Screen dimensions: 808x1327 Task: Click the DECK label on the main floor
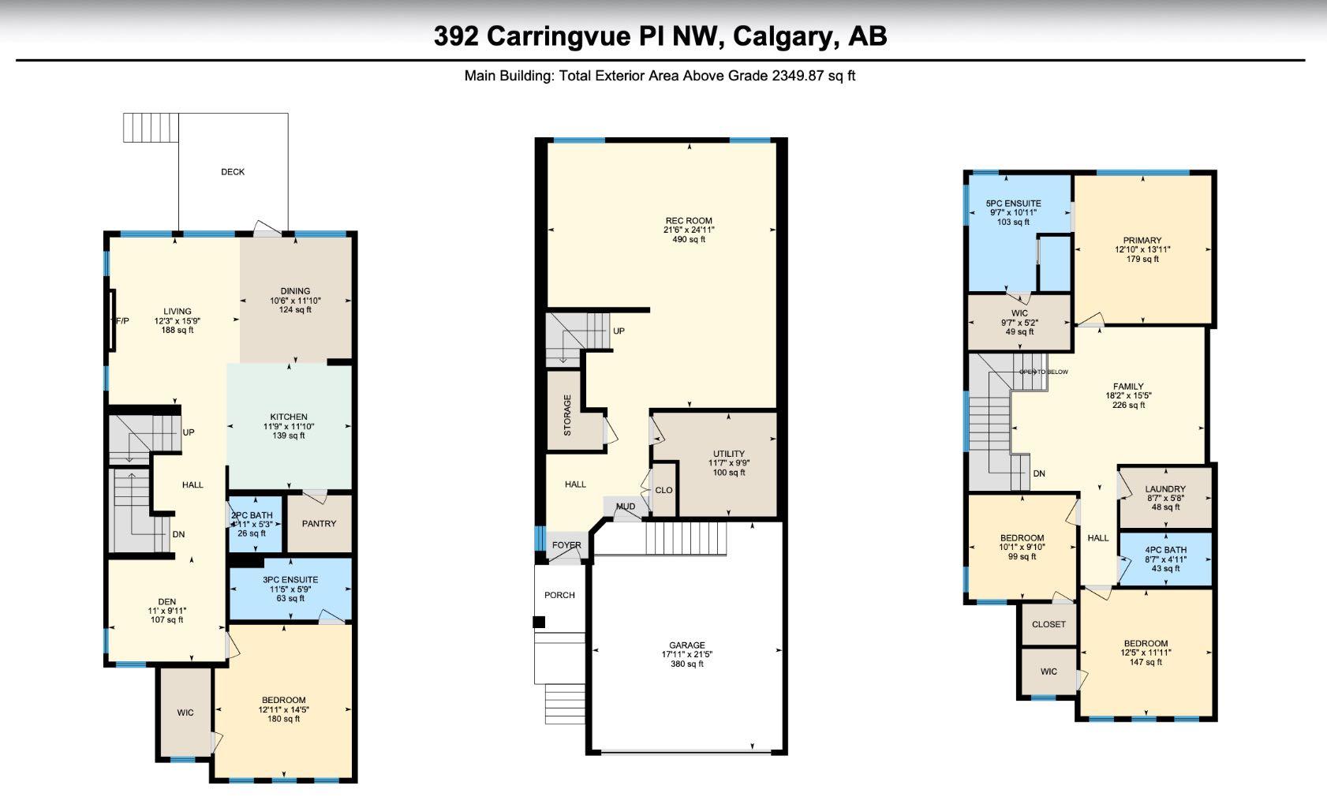233,172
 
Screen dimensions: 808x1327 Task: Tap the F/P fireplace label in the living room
122,321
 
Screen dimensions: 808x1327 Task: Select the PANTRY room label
319,524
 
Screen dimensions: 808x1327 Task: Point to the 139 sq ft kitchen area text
289,436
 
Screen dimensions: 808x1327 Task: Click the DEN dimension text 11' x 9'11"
166,611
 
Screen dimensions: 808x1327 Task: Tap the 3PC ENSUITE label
290,580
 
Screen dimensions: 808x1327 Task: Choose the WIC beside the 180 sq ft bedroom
185,713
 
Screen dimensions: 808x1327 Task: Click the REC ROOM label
683,221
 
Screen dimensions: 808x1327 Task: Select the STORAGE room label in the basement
567,415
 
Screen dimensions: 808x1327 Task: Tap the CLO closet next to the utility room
664,490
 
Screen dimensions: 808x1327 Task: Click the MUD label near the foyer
626,507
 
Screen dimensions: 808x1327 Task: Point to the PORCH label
559,595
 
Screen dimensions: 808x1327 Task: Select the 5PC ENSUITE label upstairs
1014,204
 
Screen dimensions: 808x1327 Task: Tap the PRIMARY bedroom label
1142,241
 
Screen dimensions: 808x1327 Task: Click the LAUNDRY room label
1165,489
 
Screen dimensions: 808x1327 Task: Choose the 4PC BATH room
1165,551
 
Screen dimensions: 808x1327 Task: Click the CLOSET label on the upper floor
1049,624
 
